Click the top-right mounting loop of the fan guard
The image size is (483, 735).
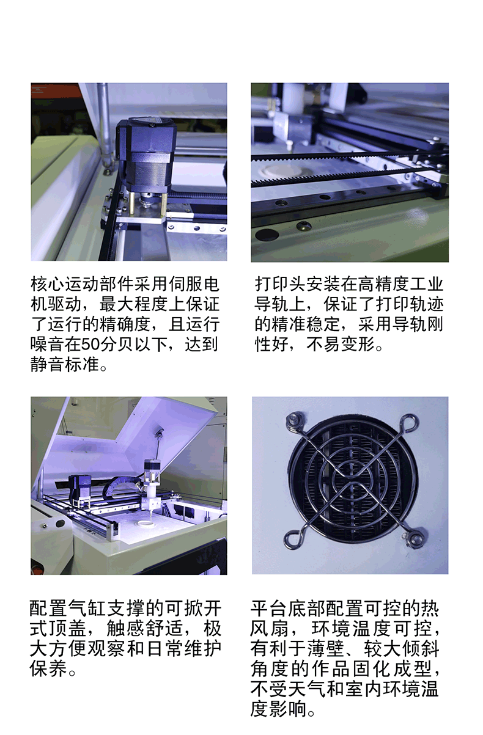point(411,423)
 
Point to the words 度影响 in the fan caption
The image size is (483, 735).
point(278,709)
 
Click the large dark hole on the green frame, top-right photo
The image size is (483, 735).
point(267,234)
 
